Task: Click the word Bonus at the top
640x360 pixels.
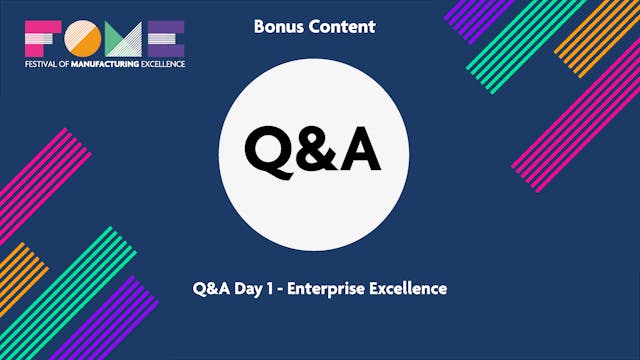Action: click(x=276, y=27)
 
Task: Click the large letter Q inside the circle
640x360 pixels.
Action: click(x=268, y=150)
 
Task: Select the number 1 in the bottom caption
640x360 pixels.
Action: click(x=275, y=288)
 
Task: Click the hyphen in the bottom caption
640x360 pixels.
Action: click(x=286, y=289)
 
